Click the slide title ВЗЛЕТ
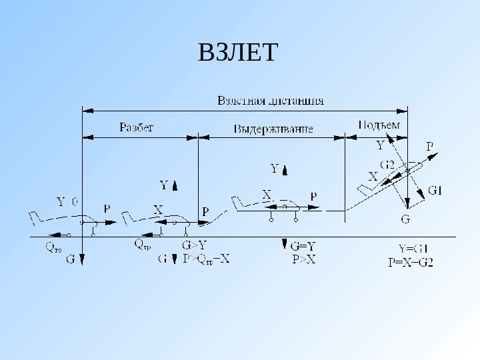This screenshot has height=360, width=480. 237,52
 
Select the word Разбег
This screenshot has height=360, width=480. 137,127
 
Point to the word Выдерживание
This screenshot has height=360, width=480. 273,128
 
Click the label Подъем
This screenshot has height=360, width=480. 379,125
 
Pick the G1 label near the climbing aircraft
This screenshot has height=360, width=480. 435,191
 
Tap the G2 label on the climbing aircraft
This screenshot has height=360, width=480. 387,165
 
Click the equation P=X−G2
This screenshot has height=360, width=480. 411,262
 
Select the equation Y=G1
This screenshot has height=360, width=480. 413,250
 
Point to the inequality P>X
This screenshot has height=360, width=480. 304,260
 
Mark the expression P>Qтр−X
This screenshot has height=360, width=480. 207,259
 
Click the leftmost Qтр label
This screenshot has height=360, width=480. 53,247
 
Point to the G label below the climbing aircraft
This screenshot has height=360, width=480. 405,218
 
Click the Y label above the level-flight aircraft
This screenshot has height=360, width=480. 274,169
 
